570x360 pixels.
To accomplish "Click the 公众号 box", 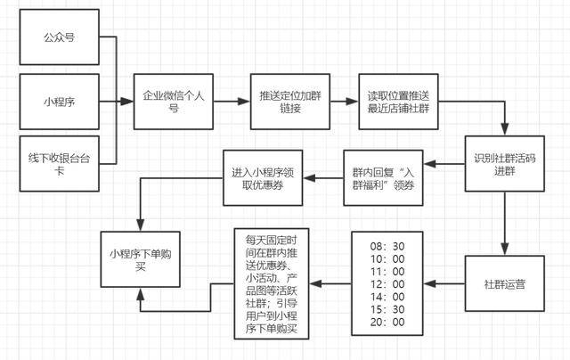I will click(59, 38).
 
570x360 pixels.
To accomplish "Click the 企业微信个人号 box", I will click(174, 100).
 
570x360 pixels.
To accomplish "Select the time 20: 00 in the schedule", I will click(387, 322).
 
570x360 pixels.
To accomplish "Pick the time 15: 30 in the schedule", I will click(387, 308).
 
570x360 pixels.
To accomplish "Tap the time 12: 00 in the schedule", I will click(387, 282).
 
